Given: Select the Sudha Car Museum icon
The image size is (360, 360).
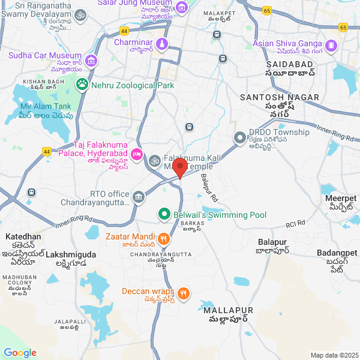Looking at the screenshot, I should click(91, 61).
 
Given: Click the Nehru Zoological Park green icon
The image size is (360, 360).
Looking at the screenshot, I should click(82, 85).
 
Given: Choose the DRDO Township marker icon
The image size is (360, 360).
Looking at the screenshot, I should click(240, 139).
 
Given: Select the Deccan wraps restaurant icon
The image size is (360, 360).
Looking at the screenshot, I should click(184, 293).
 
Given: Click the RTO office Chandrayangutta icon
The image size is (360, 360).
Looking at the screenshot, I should click(139, 196).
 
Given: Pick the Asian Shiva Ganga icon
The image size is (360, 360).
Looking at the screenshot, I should click(331, 45).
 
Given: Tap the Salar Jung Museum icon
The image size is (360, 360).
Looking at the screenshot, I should click(181, 6).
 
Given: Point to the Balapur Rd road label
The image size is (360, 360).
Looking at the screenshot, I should click(209, 187).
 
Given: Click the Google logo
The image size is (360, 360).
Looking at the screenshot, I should click(20, 353).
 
